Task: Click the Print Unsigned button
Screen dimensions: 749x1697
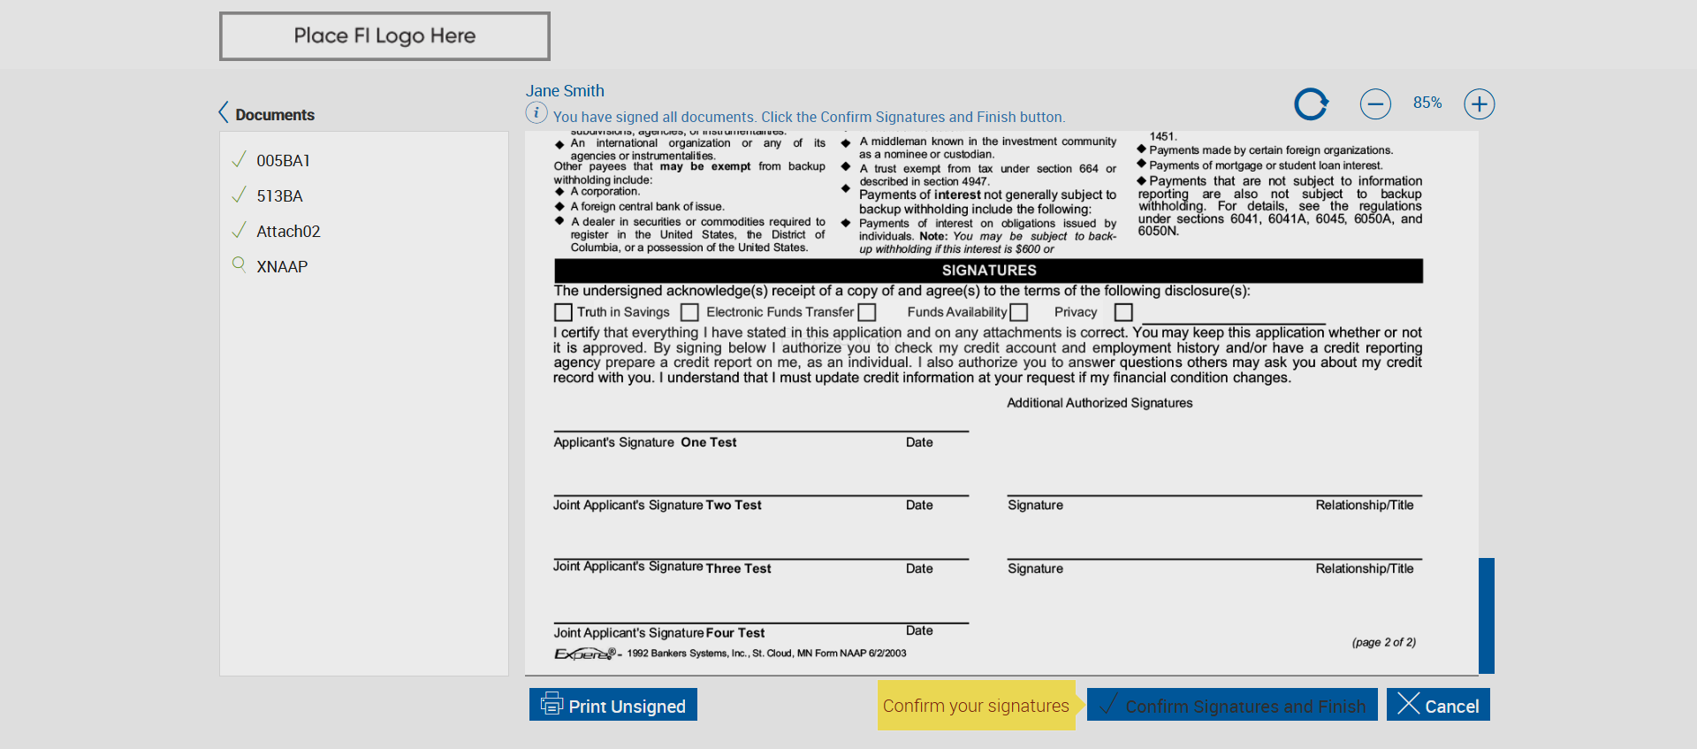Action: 613,705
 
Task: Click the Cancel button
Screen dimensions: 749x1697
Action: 1438,705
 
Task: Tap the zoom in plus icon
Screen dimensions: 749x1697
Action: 1479,104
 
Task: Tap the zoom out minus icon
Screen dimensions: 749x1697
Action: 1375,104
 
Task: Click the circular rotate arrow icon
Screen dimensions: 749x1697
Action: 1311,104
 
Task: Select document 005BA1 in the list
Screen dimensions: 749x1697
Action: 283,161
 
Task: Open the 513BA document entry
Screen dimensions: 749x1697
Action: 279,196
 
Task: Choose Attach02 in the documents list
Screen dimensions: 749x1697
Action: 288,232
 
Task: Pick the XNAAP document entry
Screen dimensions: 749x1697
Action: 282,267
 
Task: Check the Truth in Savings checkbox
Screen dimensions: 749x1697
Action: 563,312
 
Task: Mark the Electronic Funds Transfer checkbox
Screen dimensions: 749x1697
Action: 690,312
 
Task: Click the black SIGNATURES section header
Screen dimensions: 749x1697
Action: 988,271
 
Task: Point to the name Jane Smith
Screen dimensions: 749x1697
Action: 565,91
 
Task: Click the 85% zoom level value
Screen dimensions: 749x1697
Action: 1427,103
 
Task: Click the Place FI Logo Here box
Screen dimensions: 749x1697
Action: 384,36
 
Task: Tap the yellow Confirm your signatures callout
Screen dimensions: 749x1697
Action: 976,706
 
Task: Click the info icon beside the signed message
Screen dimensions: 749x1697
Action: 536,113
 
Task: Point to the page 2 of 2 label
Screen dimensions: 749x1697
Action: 1383,643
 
